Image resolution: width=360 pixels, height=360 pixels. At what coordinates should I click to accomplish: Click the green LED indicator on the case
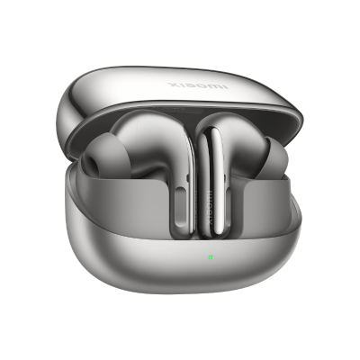(x=210, y=256)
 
